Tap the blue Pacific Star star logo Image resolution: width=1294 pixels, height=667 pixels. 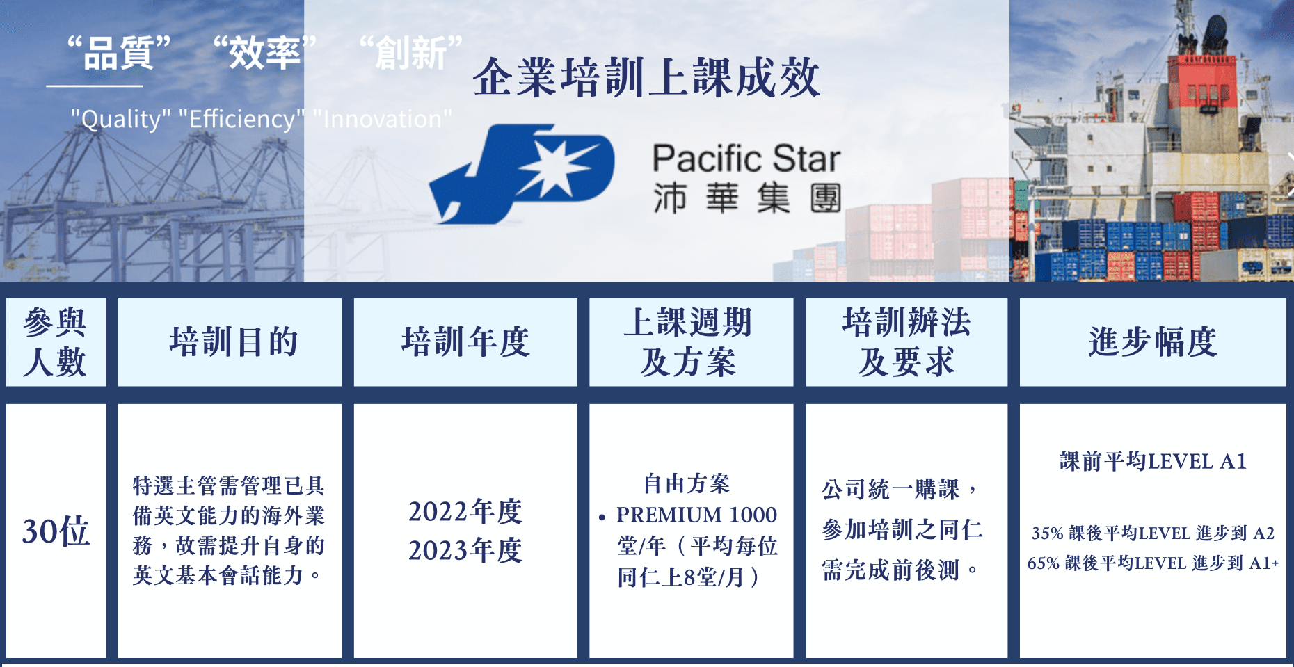[x=522, y=174]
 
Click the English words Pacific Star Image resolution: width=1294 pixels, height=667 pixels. [x=746, y=159]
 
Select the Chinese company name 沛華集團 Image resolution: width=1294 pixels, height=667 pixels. [x=747, y=198]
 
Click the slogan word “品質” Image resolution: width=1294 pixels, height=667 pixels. [x=119, y=52]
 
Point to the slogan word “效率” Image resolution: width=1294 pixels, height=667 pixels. [x=265, y=52]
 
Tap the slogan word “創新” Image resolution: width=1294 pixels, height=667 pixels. [x=410, y=52]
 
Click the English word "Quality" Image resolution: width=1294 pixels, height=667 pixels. [x=120, y=119]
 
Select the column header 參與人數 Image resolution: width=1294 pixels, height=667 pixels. [x=56, y=342]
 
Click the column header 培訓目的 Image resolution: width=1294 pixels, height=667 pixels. [x=234, y=342]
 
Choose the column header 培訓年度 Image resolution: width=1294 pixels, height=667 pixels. [x=466, y=342]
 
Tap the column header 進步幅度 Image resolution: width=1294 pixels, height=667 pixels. [x=1153, y=342]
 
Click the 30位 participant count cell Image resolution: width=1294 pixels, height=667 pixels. [x=56, y=531]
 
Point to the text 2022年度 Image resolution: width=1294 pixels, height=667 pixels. [x=465, y=512]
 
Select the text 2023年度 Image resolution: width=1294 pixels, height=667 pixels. [x=465, y=550]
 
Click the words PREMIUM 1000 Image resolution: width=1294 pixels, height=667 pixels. [x=696, y=515]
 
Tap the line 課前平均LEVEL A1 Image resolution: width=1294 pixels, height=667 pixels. [x=1153, y=461]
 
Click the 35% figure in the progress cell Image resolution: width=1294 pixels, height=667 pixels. [x=1047, y=533]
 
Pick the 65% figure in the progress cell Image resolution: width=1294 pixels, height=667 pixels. [x=1043, y=563]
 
